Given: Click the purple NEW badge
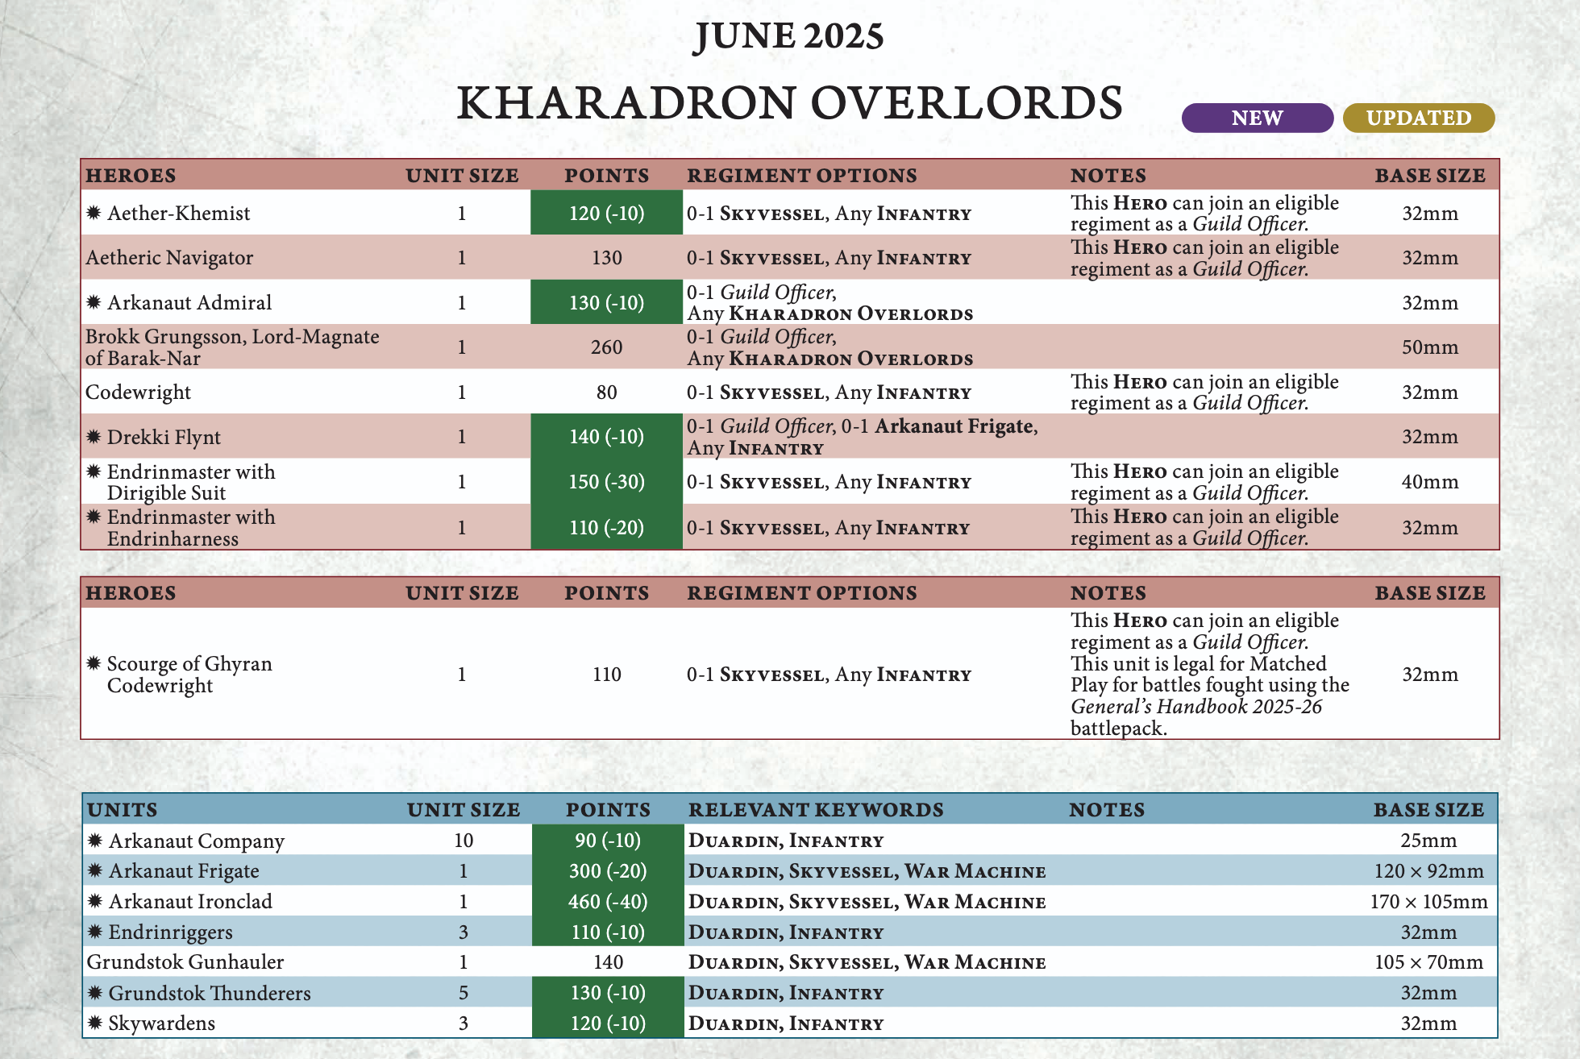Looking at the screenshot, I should pos(1257,118).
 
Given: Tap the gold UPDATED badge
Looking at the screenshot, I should pos(1418,118).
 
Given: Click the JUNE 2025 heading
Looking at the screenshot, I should pos(788,36).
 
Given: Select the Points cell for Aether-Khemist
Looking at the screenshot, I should pos(606,214).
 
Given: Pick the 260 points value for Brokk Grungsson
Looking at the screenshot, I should pos(606,347).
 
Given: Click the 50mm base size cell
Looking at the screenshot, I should pos(1429,347).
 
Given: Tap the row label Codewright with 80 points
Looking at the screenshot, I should pos(138,392).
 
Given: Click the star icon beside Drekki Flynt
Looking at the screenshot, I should pos(94,437).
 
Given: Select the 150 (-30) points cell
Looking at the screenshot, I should pos(606,482).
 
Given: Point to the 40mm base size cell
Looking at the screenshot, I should pos(1429,482).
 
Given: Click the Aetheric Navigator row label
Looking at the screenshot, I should pos(169,258).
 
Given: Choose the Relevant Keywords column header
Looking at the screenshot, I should pos(815,809).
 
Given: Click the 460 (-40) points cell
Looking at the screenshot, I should pos(608,901).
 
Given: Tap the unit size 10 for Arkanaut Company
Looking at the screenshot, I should pos(464,841).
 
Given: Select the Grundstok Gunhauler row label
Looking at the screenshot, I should pos(185,962).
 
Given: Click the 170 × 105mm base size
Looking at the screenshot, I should pos(1428,901).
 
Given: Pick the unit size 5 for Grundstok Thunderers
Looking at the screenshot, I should pos(464,993).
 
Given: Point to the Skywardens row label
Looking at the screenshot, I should pos(161,1024).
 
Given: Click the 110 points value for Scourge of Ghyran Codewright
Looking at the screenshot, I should pos(606,675).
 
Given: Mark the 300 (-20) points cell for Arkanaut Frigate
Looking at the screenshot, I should pos(608,871).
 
